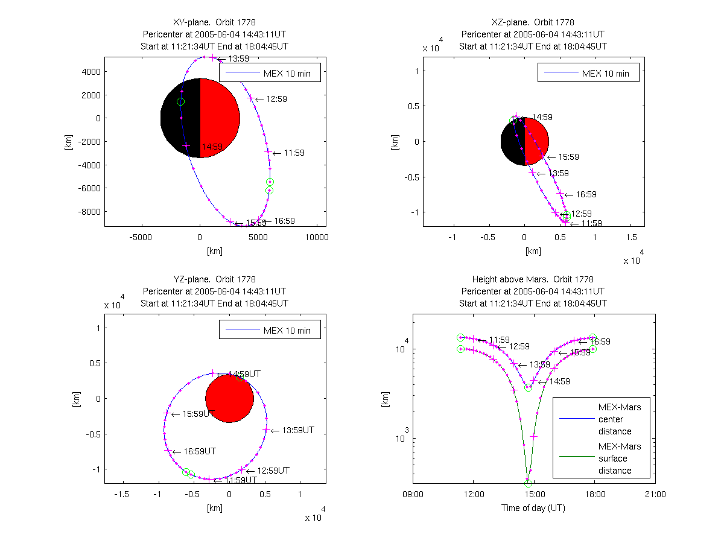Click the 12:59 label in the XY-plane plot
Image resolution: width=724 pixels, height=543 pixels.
coord(276,99)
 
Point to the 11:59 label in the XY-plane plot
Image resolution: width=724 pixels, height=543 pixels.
coord(294,153)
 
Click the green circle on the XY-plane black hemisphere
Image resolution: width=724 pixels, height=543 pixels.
coord(180,101)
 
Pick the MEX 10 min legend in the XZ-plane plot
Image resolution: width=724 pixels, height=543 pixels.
coord(588,74)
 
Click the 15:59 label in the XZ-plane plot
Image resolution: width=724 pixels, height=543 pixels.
coord(568,157)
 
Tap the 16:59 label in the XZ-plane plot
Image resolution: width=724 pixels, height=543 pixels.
coord(586,194)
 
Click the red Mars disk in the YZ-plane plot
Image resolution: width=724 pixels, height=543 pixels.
coord(229,398)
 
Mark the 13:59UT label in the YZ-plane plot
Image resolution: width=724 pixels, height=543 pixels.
coord(297,431)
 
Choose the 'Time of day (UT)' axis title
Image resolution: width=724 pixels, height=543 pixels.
coord(533,508)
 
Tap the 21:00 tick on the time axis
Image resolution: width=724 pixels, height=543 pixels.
coord(655,494)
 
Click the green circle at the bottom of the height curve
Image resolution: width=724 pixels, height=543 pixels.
coord(528,483)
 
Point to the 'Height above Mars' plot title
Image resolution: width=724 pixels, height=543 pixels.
coord(533,279)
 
